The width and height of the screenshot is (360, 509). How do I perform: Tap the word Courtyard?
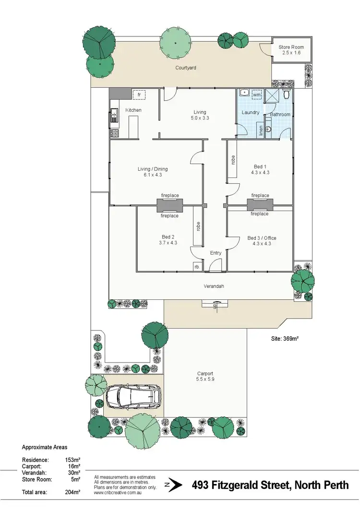(185, 68)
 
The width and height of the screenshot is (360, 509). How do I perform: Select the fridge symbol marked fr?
(139, 95)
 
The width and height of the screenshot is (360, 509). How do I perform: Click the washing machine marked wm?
(256, 95)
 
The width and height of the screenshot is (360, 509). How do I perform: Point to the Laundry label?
(251, 113)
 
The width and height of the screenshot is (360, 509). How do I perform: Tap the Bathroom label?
(280, 115)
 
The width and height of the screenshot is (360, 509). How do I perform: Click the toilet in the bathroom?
(286, 91)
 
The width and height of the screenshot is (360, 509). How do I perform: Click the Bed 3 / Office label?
(262, 241)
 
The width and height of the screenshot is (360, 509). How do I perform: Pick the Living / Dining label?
(153, 172)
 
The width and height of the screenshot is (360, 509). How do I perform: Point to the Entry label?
(216, 253)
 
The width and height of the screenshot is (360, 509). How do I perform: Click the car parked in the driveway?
(133, 397)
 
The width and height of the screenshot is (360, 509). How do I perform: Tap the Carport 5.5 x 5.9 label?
(205, 376)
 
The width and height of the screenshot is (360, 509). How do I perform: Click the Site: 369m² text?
(285, 339)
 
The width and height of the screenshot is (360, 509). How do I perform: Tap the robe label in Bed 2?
(197, 225)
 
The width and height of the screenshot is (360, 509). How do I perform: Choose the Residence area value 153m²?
(72, 460)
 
